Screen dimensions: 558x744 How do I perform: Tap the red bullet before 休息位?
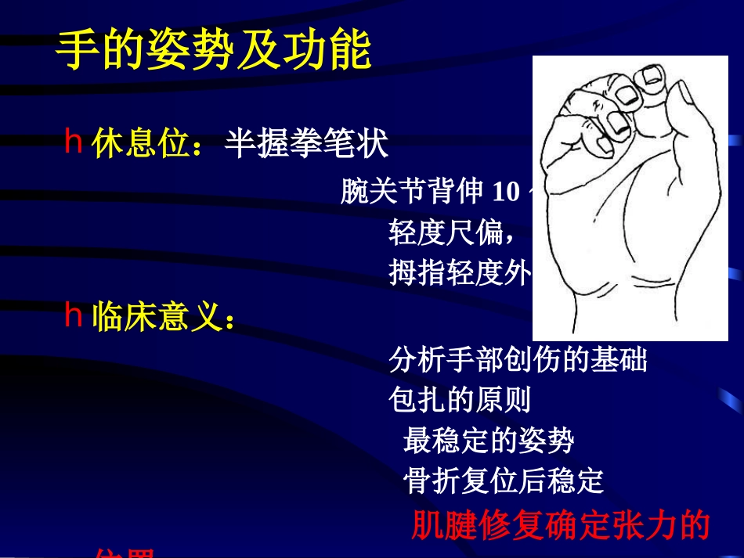click(74, 143)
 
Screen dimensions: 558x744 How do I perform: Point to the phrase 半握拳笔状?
click(306, 144)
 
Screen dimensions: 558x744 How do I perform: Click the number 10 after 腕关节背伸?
click(508, 191)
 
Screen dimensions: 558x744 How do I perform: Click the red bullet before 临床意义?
click(74, 317)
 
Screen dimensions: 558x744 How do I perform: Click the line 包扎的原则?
click(460, 401)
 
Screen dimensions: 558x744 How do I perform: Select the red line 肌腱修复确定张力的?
click(560, 526)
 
